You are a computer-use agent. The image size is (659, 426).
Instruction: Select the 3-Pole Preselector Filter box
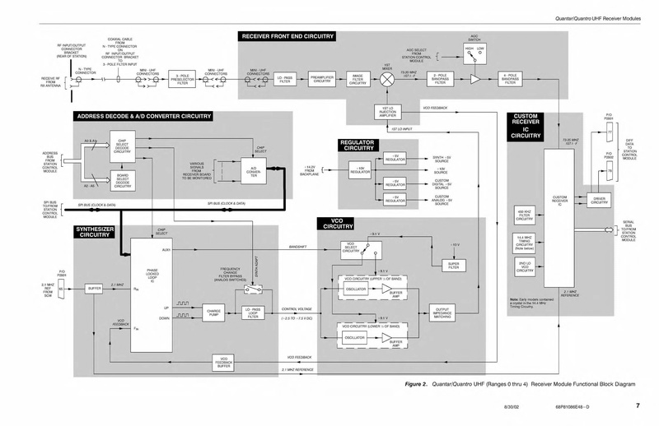click(184, 79)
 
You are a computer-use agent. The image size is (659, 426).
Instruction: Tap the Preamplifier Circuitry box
click(321, 79)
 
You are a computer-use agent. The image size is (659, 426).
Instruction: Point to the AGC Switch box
click(474, 51)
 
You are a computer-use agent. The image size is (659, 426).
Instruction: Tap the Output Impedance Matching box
click(442, 313)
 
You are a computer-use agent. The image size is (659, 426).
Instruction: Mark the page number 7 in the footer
click(637, 405)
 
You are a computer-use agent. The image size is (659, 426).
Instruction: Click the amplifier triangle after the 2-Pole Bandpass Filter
click(475, 79)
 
